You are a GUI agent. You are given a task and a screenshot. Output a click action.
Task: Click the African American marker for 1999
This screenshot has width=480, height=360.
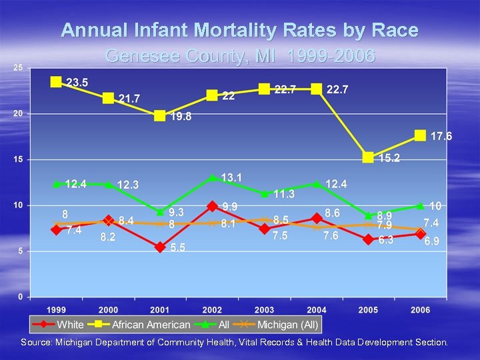tap(56, 82)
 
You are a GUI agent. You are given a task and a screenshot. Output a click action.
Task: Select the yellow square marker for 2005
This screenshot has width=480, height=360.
tap(368, 157)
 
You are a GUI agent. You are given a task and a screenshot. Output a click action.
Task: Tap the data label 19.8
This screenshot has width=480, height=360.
tap(181, 117)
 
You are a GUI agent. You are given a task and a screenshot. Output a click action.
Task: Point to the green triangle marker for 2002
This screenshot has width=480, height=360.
tap(212, 177)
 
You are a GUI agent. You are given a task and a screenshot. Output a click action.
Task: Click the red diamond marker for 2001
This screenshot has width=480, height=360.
tap(160, 247)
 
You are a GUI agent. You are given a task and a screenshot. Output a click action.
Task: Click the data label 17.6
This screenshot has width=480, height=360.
tap(441, 136)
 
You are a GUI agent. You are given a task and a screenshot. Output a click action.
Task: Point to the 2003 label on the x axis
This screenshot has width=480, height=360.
tap(264, 309)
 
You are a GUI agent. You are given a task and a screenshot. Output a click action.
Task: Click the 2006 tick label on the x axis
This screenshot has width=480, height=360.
tap(420, 309)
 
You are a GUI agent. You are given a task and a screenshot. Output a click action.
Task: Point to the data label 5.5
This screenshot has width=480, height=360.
tap(177, 247)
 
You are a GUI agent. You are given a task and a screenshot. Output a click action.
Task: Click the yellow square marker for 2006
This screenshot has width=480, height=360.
tap(420, 135)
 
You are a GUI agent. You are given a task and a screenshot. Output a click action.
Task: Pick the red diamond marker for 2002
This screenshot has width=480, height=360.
tap(212, 206)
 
